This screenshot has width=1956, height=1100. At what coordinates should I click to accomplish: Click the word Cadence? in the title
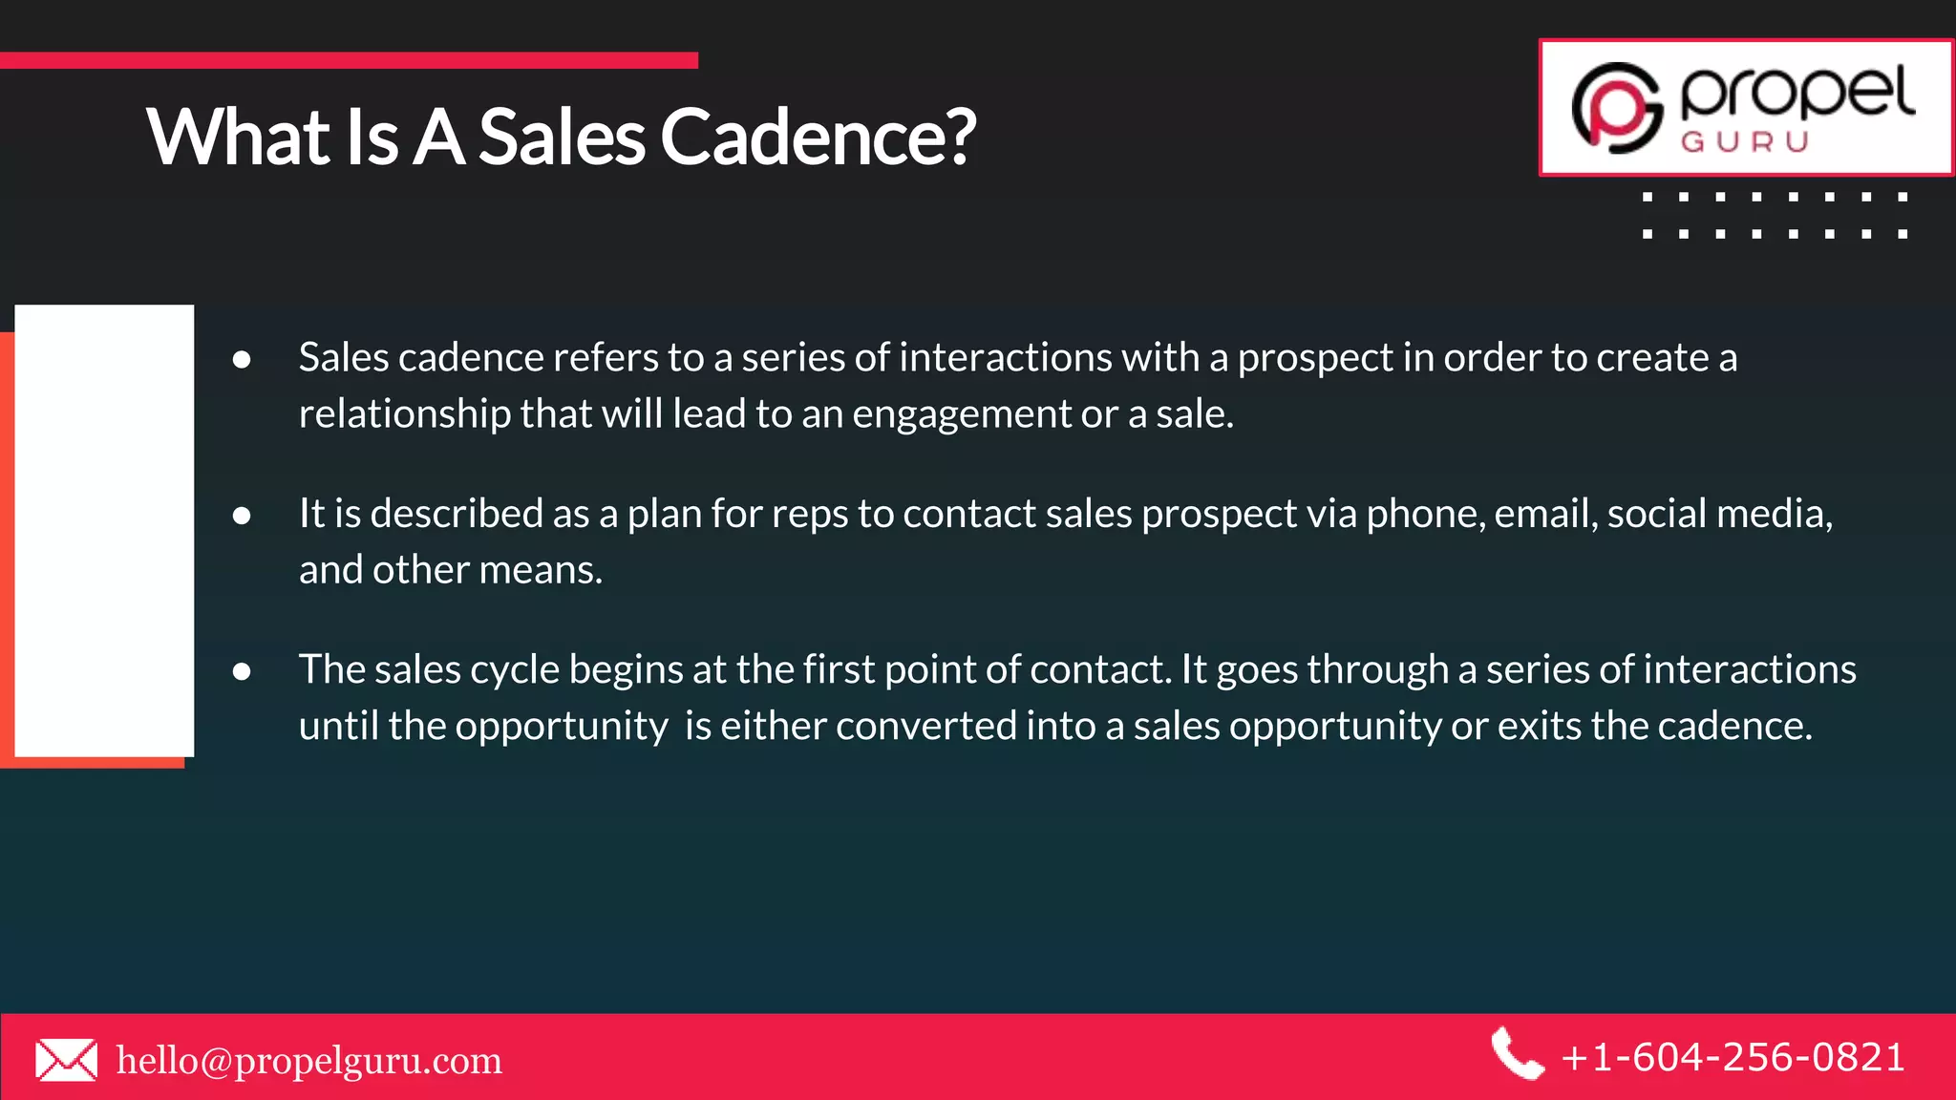pyautogui.click(x=818, y=137)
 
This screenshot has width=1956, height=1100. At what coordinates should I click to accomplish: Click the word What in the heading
pyautogui.click(x=238, y=137)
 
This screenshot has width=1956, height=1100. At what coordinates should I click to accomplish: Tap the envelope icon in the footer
pyautogui.click(x=66, y=1060)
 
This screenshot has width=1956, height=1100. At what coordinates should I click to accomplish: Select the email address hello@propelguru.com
pyautogui.click(x=308, y=1060)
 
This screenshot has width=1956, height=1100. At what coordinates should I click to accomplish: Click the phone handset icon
pyautogui.click(x=1517, y=1054)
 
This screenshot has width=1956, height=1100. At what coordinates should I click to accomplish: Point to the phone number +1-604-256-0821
pyautogui.click(x=1733, y=1058)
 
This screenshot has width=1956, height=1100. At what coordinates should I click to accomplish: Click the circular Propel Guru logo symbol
pyautogui.click(x=1616, y=108)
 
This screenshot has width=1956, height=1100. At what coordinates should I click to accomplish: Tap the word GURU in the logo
pyautogui.click(x=1745, y=142)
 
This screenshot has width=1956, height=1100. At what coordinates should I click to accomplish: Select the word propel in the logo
pyautogui.click(x=1797, y=94)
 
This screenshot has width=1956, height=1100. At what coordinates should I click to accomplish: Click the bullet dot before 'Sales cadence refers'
pyautogui.click(x=242, y=359)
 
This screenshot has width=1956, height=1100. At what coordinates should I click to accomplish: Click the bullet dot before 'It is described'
pyautogui.click(x=242, y=516)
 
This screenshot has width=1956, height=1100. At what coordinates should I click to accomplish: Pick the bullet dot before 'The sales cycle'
pyautogui.click(x=242, y=671)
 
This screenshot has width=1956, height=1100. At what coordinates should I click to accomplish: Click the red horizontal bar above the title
pyautogui.click(x=349, y=60)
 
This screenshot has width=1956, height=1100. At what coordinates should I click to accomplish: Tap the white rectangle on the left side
pyautogui.click(x=104, y=530)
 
